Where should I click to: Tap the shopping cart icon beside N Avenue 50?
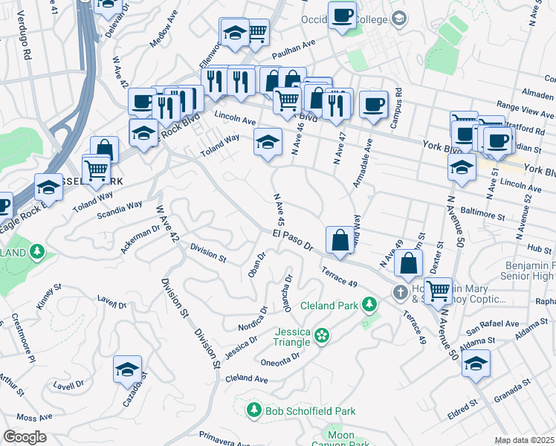tap(438, 291)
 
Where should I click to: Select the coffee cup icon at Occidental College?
tap(342, 16)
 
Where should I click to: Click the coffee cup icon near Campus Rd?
tap(374, 105)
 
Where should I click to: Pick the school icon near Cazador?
tap(128, 369)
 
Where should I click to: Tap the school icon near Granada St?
tap(476, 364)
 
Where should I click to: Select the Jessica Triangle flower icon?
tap(321, 337)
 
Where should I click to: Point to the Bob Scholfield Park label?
tap(311, 411)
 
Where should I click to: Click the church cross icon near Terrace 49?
tap(401, 292)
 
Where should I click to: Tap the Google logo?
tap(25, 437)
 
